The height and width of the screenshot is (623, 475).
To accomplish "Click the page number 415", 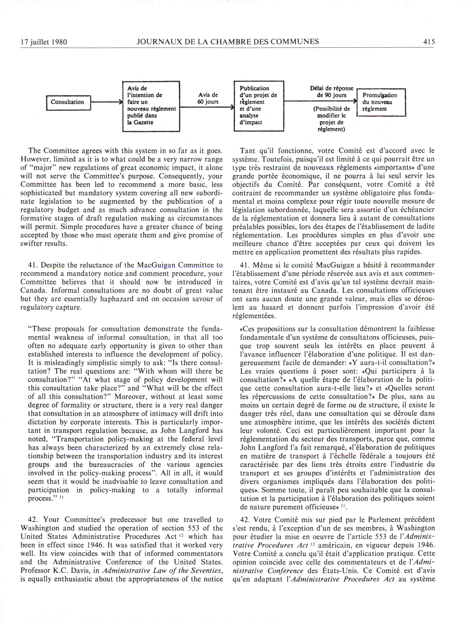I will click(429, 42).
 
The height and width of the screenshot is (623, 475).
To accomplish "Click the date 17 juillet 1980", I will click(44, 42).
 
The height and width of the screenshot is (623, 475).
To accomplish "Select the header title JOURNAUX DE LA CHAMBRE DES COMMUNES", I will click(228, 41).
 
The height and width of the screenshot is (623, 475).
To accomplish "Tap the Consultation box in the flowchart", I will click(68, 102).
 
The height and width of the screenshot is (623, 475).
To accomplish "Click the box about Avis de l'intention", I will click(151, 106).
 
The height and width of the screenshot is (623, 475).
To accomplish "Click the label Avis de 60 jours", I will click(208, 98).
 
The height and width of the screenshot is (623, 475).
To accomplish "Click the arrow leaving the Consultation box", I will click(106, 102).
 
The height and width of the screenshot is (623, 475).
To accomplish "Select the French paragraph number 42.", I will click(245, 520).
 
